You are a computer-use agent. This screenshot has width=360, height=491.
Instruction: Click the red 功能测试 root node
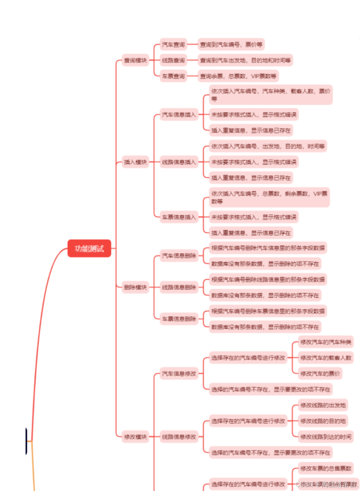[x=89, y=248]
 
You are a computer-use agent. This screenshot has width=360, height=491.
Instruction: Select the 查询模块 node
[x=135, y=60]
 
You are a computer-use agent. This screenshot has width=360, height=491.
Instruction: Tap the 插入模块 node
[x=135, y=162]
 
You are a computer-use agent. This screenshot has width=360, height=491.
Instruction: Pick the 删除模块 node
[x=135, y=287]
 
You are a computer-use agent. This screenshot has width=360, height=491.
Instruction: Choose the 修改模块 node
[x=135, y=437]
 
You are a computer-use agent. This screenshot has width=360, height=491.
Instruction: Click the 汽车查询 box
[x=173, y=44]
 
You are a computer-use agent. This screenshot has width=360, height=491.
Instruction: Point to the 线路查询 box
[x=173, y=60]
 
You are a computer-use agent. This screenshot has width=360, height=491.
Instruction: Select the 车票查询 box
[x=173, y=76]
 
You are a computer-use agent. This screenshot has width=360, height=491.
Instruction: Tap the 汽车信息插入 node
[x=179, y=114]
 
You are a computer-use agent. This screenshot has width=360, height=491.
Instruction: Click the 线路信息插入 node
[x=179, y=162]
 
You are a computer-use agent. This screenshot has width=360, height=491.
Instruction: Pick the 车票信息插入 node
[x=179, y=217]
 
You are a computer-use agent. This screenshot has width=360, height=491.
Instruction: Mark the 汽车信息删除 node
[x=179, y=255]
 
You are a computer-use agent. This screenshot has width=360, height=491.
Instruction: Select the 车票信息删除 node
[x=179, y=319]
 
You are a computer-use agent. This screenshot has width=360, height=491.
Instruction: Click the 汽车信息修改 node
[x=179, y=373]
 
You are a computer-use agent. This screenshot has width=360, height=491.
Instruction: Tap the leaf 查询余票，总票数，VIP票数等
[x=238, y=76]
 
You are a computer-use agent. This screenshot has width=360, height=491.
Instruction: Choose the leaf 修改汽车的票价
[x=320, y=373]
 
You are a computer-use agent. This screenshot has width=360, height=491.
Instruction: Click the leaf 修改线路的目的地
[x=323, y=421]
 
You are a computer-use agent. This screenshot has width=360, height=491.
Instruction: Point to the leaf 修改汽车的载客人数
[x=326, y=358]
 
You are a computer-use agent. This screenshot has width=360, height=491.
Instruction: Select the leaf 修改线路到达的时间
[x=326, y=437]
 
